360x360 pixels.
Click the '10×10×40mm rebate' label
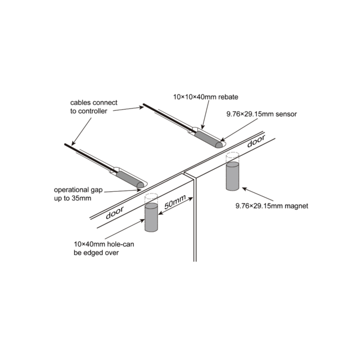point(205,97)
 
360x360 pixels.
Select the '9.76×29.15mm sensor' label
point(262,114)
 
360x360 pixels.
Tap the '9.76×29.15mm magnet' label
point(272,206)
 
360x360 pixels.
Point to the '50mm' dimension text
point(175,202)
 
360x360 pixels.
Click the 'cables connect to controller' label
point(94,107)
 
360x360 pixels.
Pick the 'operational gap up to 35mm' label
point(78,194)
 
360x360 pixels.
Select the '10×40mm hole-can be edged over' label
point(103,249)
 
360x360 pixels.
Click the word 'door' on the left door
point(115,213)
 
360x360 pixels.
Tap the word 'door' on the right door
point(256,141)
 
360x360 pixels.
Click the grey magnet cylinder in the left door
point(151,217)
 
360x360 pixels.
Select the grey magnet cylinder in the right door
point(232,176)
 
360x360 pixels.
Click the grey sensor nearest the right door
point(209,139)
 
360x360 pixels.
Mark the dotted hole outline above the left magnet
point(151,199)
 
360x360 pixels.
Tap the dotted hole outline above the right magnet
point(232,157)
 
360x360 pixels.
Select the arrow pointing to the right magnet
point(258,194)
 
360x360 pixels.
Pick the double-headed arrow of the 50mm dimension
point(175,206)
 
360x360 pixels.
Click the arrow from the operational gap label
point(123,191)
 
